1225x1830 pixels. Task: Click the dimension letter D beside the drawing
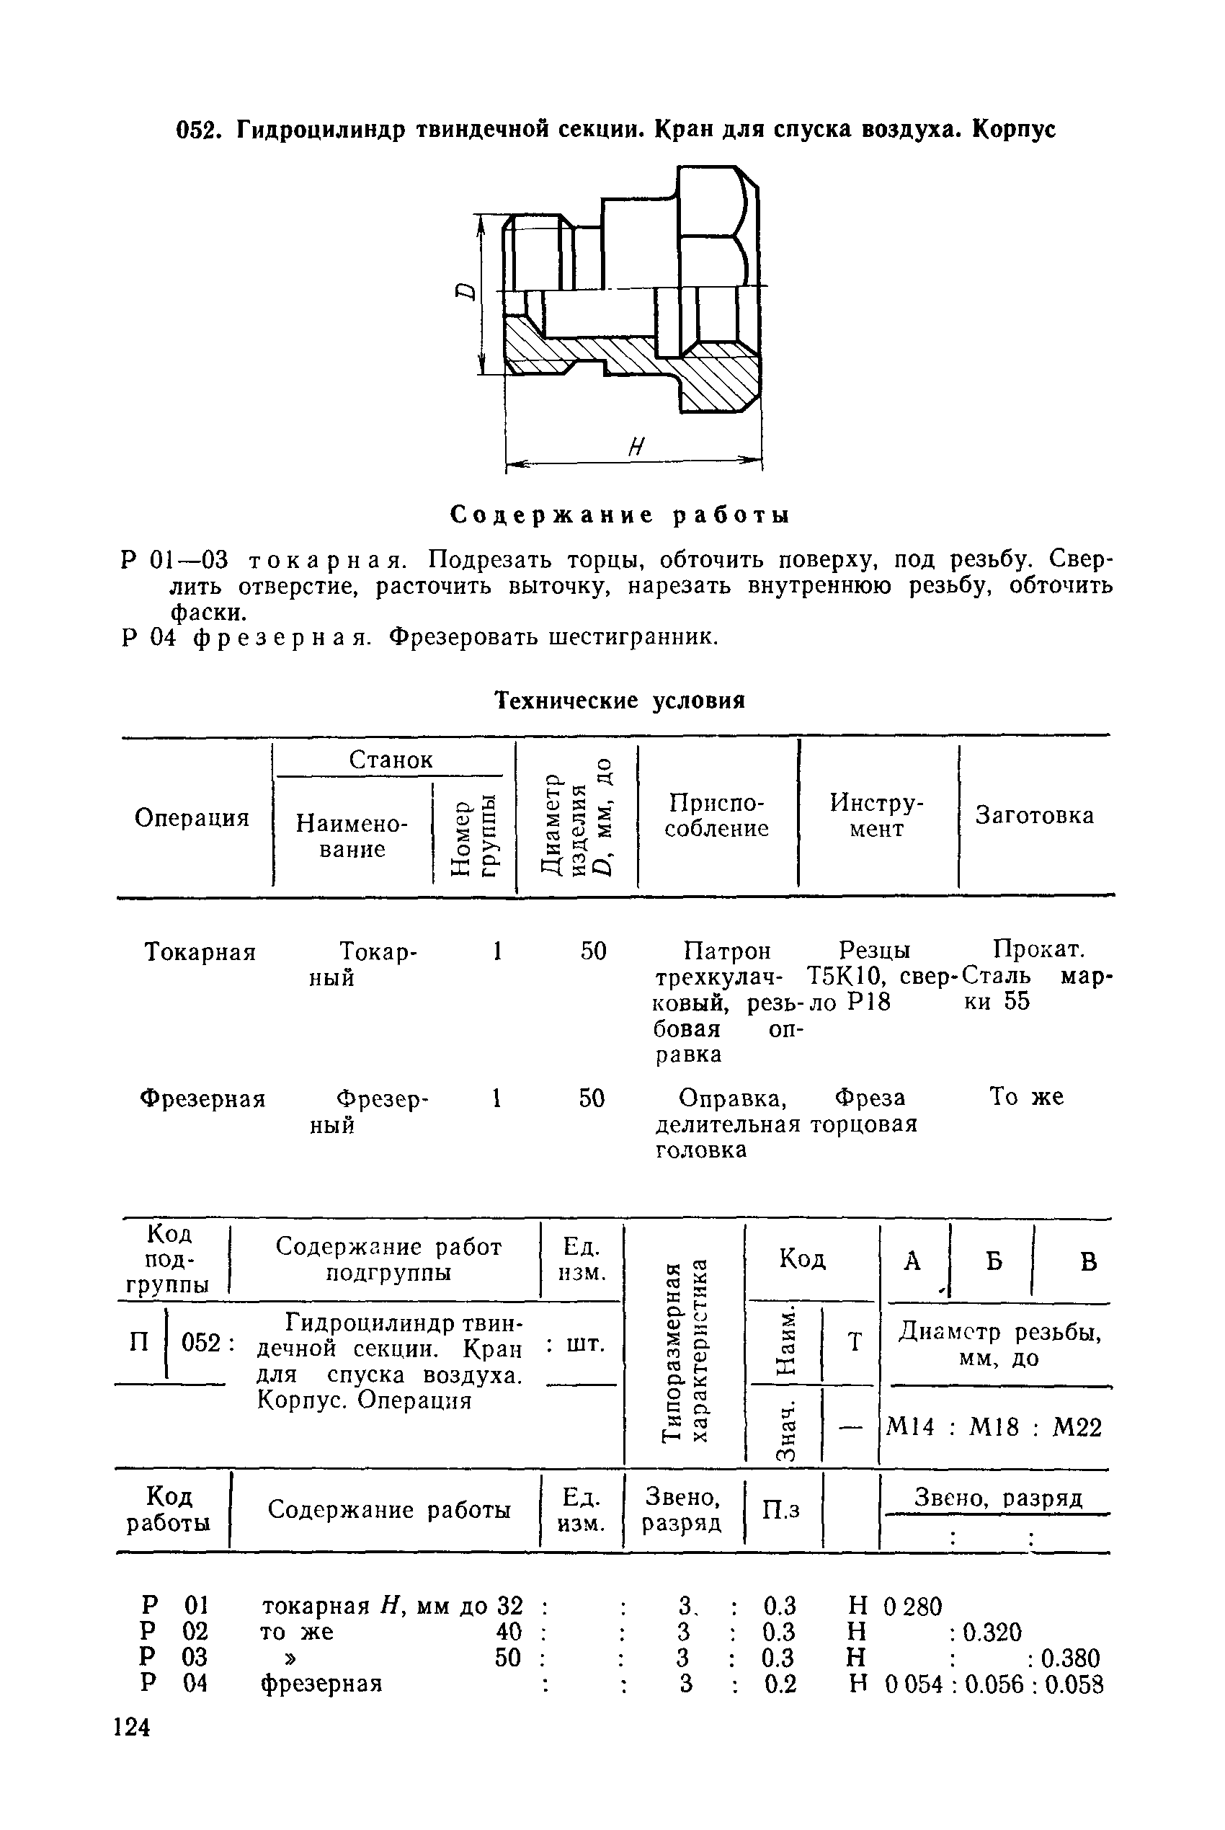(x=465, y=292)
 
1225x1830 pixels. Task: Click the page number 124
(x=131, y=1726)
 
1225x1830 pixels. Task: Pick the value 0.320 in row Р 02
(x=992, y=1632)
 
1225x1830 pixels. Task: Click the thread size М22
(x=1077, y=1428)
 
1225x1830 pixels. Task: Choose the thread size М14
(x=910, y=1428)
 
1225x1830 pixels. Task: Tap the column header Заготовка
(x=1034, y=815)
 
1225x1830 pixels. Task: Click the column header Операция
(x=192, y=817)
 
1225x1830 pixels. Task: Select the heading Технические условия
(x=620, y=701)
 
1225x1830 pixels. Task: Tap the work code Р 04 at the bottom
(x=174, y=1682)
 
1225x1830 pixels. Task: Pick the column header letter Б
(x=994, y=1261)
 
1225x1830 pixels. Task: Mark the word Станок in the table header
(x=391, y=760)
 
